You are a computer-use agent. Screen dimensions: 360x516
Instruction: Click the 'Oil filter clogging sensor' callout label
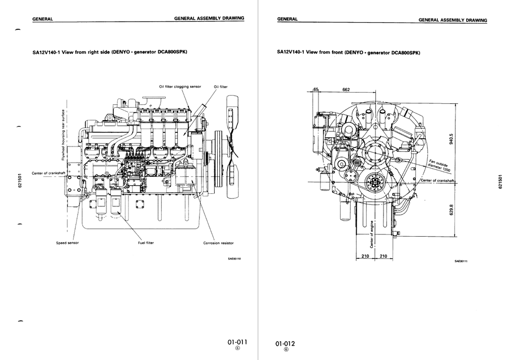(x=180, y=87)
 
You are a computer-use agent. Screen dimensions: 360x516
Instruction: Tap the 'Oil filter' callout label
(x=221, y=87)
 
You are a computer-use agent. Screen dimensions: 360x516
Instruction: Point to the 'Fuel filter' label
(x=146, y=243)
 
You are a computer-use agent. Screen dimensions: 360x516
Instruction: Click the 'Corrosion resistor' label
(x=218, y=243)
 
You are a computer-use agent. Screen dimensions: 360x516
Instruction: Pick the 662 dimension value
(x=346, y=89)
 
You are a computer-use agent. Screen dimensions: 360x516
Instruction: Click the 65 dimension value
(x=316, y=89)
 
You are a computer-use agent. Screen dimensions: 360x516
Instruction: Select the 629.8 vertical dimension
(x=451, y=208)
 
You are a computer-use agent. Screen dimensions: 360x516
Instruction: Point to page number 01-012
(x=285, y=344)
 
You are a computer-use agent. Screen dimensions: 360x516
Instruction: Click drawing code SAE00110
(x=235, y=259)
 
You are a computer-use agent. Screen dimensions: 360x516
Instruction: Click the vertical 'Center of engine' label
(x=372, y=235)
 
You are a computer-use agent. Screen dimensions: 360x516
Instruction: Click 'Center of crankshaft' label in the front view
(x=437, y=180)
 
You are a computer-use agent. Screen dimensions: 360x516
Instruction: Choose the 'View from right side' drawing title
(x=110, y=52)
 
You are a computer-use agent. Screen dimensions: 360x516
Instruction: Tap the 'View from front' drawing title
(x=348, y=52)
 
